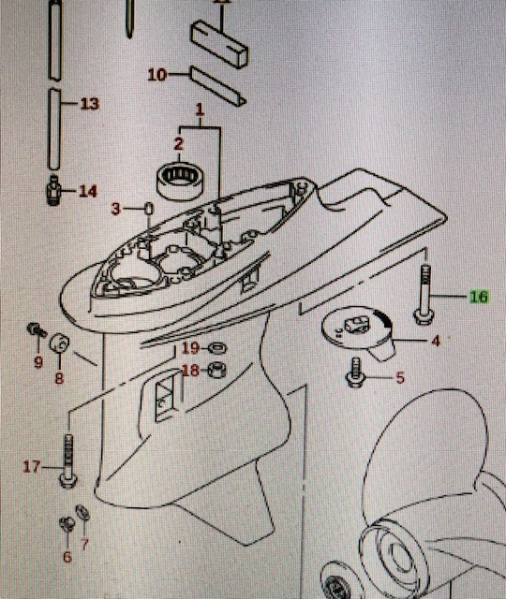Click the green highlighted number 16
[x=479, y=297]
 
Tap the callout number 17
[x=32, y=465]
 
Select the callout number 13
[x=89, y=103]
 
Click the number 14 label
[x=87, y=191]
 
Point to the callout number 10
[x=156, y=73]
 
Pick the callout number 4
[x=435, y=342]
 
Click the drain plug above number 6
[x=66, y=523]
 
